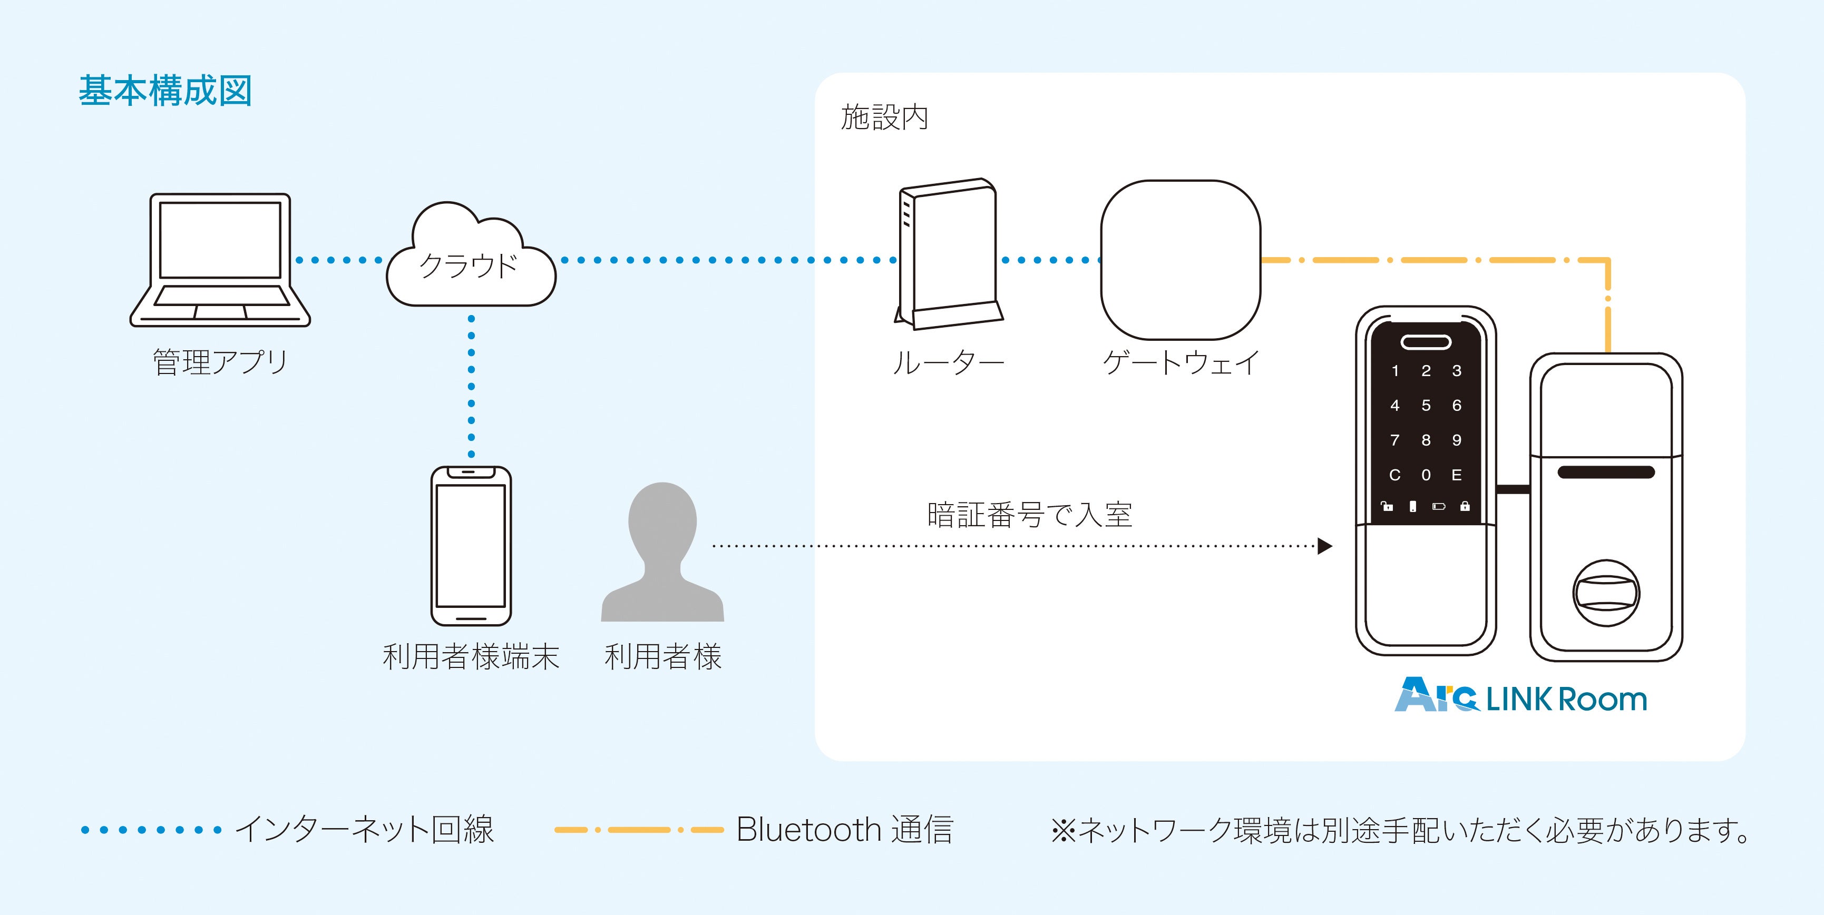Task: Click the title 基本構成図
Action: (165, 91)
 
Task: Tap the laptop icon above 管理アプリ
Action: (220, 259)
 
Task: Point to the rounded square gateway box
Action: (1181, 260)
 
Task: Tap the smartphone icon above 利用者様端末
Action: (471, 546)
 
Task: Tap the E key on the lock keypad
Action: (1457, 475)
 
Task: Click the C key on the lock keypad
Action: (1394, 475)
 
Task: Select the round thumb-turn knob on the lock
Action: (1606, 593)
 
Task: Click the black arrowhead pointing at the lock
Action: (1325, 546)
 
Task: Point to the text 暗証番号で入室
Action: (1030, 515)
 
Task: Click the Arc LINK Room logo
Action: (1520, 696)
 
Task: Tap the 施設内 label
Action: (884, 117)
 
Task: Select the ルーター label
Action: (948, 363)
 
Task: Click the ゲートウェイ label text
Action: (1181, 363)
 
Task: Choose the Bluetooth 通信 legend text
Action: (845, 829)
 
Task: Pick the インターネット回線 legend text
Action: (365, 829)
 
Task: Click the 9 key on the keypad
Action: (1457, 440)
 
